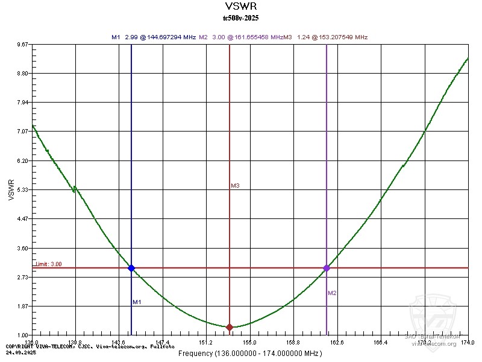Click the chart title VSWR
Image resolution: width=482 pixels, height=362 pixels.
240,7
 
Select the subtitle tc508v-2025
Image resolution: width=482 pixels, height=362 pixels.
240,18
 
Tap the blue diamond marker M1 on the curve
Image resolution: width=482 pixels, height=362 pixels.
131,268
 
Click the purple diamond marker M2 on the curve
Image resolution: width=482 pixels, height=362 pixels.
327,268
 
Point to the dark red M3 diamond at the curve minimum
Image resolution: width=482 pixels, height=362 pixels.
230,327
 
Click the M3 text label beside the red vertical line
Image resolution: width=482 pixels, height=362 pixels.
236,186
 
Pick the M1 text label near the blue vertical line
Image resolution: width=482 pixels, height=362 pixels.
137,302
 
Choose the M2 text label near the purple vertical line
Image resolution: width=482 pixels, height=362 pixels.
332,293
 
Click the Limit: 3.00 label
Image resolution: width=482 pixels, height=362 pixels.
48,264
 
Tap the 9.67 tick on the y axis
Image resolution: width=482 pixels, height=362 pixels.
23,45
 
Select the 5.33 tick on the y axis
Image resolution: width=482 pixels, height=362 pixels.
23,190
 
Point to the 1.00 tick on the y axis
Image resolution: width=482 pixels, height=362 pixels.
23,335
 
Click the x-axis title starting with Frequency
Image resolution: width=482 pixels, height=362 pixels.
249,353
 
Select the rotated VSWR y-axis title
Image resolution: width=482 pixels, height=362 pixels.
11,189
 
